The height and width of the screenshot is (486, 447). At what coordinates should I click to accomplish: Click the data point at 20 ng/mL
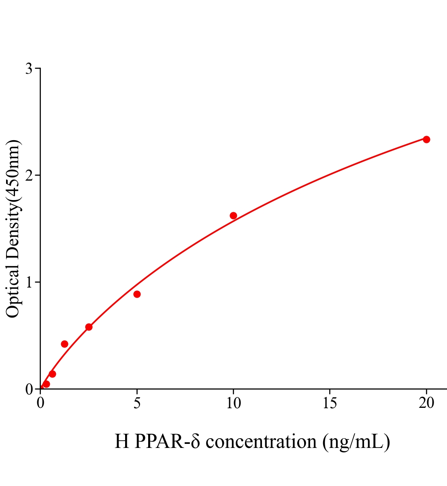[426, 139]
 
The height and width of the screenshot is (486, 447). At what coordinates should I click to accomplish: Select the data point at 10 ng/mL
[233, 215]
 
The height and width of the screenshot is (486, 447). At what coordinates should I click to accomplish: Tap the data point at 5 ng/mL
[137, 294]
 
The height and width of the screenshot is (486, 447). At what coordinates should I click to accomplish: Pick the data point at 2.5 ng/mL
[89, 327]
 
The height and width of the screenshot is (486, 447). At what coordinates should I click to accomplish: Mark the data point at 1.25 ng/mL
[64, 344]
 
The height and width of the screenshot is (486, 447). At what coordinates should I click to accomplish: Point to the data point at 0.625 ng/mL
[52, 374]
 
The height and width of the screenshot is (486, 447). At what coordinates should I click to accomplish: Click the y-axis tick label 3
[29, 69]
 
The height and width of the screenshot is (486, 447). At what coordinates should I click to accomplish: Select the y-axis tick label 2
[29, 175]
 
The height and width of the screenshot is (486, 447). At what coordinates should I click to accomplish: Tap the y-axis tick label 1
[29, 282]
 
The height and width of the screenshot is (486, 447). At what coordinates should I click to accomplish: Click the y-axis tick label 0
[29, 389]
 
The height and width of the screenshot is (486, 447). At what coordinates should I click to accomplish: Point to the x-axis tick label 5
[137, 403]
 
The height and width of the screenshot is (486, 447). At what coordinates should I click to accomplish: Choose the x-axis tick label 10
[233, 403]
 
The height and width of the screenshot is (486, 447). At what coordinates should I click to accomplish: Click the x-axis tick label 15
[330, 403]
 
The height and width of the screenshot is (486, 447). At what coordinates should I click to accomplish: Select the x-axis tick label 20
[426, 403]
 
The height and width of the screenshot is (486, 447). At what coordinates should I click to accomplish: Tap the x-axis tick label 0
[40, 403]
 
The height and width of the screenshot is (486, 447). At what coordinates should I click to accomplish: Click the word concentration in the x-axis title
[261, 441]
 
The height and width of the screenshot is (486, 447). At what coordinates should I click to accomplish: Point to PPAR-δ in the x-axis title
[167, 441]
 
